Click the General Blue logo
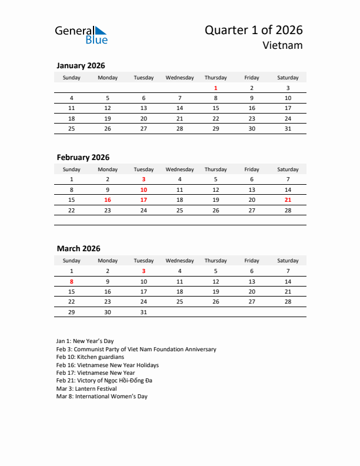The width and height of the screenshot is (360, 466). click(x=81, y=35)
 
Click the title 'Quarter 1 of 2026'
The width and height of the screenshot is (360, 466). click(x=254, y=30)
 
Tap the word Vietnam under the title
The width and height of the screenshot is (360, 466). click(x=283, y=45)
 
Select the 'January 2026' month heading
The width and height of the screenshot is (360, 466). click(x=81, y=66)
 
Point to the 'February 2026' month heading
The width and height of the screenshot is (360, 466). click(x=83, y=157)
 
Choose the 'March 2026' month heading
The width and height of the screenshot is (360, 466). click(x=78, y=249)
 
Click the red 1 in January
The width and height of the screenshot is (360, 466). click(x=216, y=88)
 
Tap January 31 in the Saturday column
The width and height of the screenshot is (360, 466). click(x=288, y=128)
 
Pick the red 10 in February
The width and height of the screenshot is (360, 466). click(x=144, y=189)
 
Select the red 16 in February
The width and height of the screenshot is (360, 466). click(x=108, y=200)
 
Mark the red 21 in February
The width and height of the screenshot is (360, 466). click(x=288, y=200)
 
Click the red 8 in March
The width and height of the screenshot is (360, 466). click(x=72, y=281)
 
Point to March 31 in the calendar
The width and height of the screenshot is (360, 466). click(x=144, y=312)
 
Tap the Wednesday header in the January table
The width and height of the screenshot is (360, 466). click(x=179, y=78)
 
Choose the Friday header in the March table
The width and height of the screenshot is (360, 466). click(x=252, y=261)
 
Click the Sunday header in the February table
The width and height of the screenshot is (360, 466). click(x=72, y=169)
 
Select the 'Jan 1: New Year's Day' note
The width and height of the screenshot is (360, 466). click(x=85, y=341)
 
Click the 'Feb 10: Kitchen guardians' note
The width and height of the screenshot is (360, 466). click(x=90, y=357)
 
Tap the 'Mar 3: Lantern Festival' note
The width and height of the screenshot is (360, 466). click(x=86, y=389)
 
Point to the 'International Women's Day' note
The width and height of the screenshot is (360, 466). click(x=102, y=397)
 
